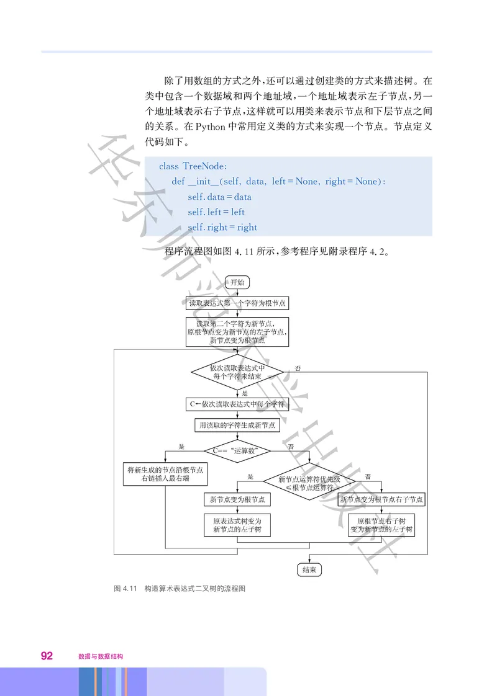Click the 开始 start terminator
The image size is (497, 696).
[x=237, y=282]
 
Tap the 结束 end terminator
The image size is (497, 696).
[x=309, y=569]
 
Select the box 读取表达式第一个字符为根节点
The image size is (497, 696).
[x=237, y=303]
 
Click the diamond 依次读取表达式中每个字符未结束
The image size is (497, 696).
[x=237, y=372]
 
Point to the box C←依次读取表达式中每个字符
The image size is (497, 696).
[x=237, y=404]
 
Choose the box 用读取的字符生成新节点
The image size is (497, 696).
[x=237, y=426]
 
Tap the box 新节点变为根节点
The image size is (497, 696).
[x=237, y=499]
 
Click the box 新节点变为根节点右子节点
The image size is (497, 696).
[x=381, y=499]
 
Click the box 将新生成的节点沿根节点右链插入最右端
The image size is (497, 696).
[x=165, y=475]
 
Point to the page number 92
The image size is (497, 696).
[x=47, y=656]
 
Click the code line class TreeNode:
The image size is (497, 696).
[x=193, y=166]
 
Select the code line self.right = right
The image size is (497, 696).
[x=222, y=227]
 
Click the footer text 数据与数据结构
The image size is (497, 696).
[x=101, y=656]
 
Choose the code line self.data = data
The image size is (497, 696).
[x=219, y=197]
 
